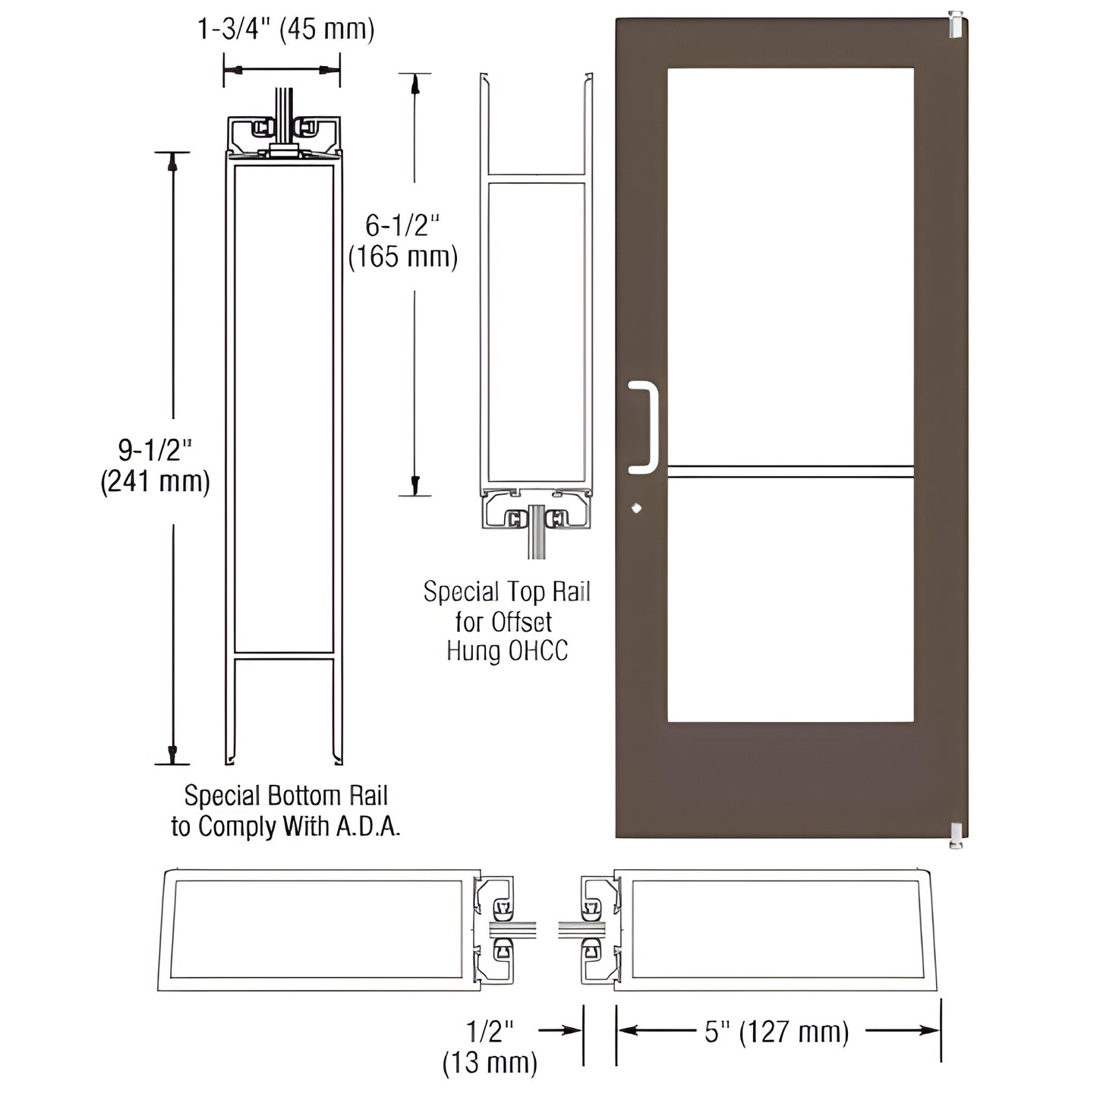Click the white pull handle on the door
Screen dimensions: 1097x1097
click(x=646, y=427)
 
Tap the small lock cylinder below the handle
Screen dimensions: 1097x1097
click(x=636, y=508)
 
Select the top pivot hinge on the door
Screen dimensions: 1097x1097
click(x=956, y=24)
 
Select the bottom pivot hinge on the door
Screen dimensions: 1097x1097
click(x=954, y=834)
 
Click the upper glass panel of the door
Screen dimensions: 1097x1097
click(x=790, y=266)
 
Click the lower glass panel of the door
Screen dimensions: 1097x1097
click(x=790, y=600)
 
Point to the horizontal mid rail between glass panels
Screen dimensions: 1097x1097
click(x=790, y=471)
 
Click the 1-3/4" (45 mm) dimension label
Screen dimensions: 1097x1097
click(x=286, y=30)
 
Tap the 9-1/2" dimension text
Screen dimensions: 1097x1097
click(x=155, y=450)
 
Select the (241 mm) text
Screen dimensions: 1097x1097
click(x=155, y=481)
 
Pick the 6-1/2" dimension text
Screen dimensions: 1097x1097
click(x=402, y=225)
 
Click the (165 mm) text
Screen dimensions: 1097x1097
click(x=402, y=257)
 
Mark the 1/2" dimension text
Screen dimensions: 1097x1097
click(x=490, y=1031)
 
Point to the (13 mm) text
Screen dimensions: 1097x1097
click(x=490, y=1062)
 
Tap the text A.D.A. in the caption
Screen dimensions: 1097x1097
click(x=367, y=826)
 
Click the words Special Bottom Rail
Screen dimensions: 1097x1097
click(x=285, y=796)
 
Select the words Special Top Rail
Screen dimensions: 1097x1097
click(x=506, y=591)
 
